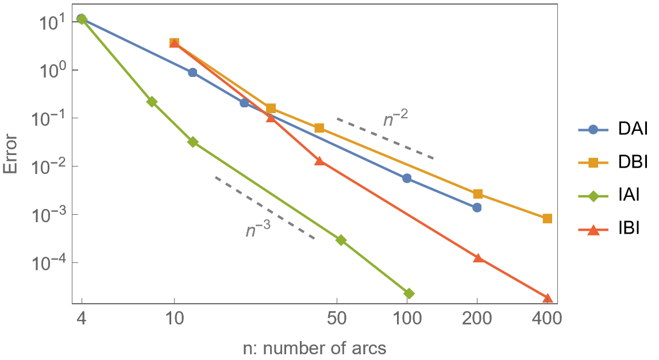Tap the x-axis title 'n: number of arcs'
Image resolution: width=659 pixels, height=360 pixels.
314,347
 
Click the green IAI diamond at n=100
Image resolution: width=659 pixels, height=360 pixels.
408,293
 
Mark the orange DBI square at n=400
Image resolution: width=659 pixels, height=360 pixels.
547,218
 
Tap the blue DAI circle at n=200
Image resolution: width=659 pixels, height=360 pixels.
477,207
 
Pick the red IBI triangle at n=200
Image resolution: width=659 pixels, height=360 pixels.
477,258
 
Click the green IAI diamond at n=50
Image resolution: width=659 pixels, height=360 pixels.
341,240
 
